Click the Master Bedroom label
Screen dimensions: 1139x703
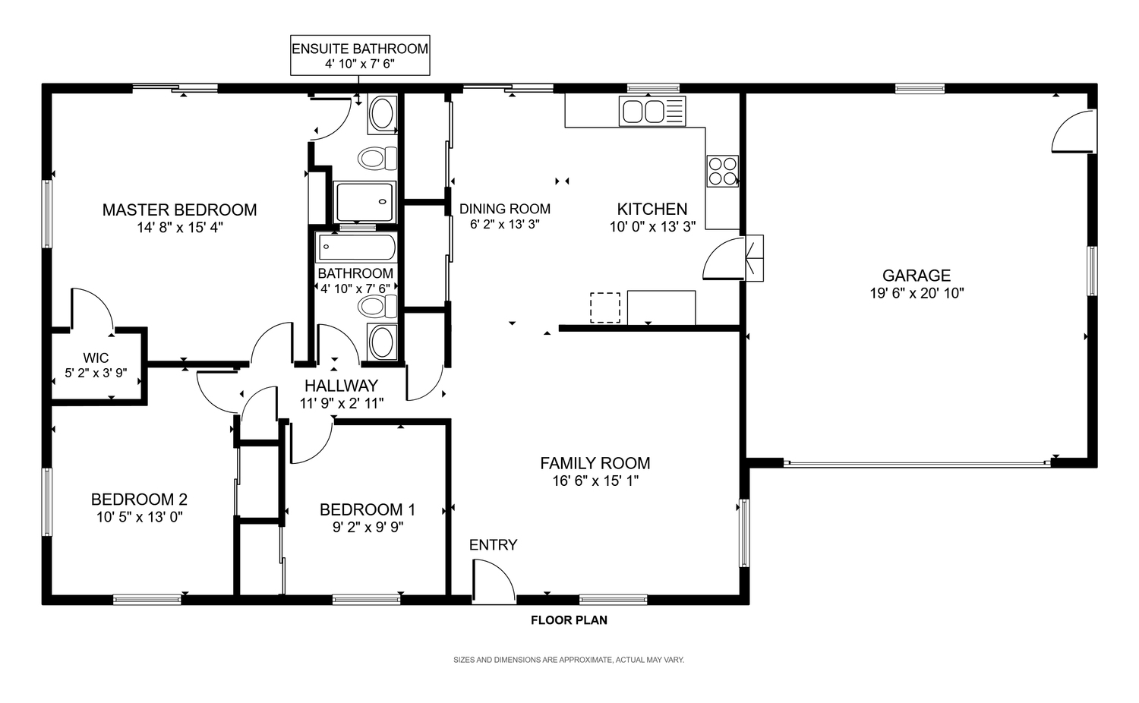click(x=179, y=210)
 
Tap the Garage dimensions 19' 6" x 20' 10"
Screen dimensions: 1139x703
click(x=917, y=293)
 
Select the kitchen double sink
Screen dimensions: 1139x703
click(x=652, y=112)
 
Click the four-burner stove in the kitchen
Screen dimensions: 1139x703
click(x=723, y=171)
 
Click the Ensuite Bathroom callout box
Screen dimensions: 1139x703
click(x=360, y=55)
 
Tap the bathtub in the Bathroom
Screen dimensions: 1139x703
click(x=356, y=247)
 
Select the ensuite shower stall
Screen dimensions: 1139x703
click(x=364, y=202)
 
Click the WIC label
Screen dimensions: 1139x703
click(x=96, y=358)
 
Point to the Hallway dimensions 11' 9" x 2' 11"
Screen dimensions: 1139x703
click(x=341, y=404)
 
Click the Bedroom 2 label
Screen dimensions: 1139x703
click(x=139, y=500)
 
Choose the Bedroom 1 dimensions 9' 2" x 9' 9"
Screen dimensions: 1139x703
click(x=368, y=528)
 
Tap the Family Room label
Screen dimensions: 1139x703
click(x=595, y=463)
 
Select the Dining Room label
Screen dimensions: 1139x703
click(x=505, y=209)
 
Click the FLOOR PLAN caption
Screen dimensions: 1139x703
click(x=569, y=620)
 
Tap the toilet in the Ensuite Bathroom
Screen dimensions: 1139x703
click(x=377, y=159)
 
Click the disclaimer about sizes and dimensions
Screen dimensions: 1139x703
click(x=569, y=660)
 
